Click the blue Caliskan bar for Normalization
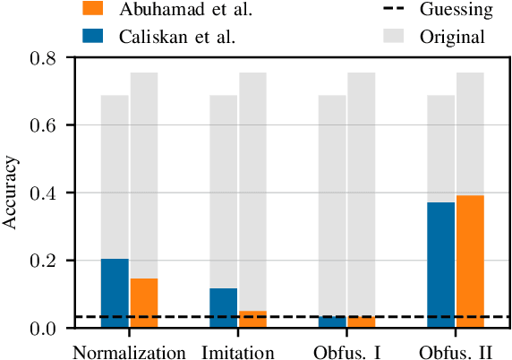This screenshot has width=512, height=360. tap(115, 293)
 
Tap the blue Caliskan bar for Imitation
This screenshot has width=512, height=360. tap(224, 308)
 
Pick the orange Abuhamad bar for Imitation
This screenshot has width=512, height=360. tap(253, 320)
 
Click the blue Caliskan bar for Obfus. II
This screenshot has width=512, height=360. tap(441, 265)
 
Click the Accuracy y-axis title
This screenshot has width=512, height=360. tap(12, 193)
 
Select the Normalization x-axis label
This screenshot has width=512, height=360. tap(129, 350)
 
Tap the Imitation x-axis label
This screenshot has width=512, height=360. tap(238, 350)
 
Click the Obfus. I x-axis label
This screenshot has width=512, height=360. tap(347, 350)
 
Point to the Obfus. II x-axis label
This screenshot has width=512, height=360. tap(457, 350)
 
